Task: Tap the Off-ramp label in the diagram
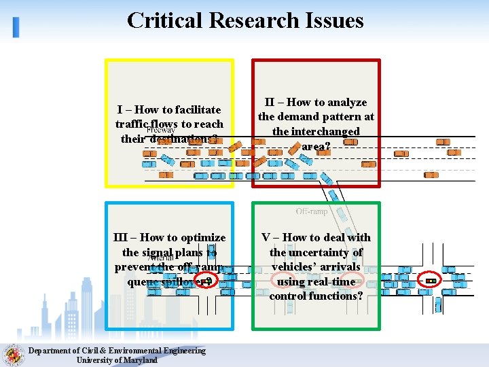click(x=312, y=211)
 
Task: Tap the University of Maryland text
click(x=117, y=360)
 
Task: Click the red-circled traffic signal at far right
click(x=431, y=281)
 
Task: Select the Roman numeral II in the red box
click(x=270, y=103)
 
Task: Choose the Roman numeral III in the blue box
click(x=120, y=237)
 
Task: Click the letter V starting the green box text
click(x=266, y=237)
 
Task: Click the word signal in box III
click(x=158, y=252)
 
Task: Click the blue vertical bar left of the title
click(x=16, y=27)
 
